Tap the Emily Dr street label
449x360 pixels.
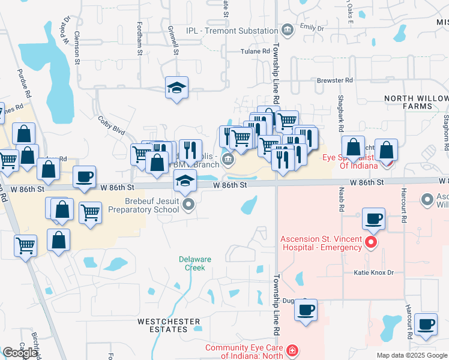tap(312, 28)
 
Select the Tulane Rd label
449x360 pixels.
tap(255, 52)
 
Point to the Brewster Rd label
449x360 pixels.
tap(334, 80)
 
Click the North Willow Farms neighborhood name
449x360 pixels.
tap(417, 102)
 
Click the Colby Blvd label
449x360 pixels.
tap(111, 125)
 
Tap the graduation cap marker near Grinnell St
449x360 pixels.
tap(177, 88)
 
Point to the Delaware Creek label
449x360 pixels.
tap(195, 263)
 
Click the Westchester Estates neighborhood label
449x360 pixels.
tap(169, 326)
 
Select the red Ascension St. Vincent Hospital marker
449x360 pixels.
tap(372, 242)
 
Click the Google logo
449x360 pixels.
tap(20, 353)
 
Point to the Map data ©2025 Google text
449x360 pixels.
tap(412, 355)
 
